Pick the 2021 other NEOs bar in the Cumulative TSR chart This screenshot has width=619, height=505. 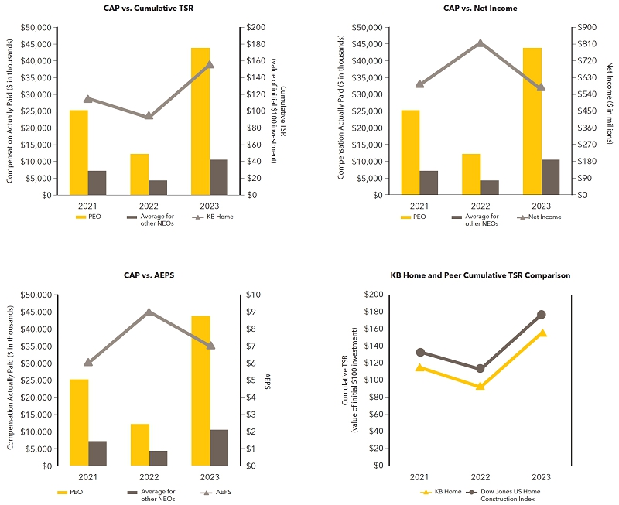(x=97, y=183)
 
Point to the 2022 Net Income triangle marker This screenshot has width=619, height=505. (x=480, y=43)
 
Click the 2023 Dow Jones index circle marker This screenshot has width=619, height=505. (x=542, y=315)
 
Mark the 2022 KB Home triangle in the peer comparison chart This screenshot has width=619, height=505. (x=480, y=386)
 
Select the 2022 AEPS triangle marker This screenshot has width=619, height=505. (x=149, y=312)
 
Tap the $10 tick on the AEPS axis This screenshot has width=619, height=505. (x=255, y=295)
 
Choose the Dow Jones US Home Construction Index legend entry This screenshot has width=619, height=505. (x=507, y=495)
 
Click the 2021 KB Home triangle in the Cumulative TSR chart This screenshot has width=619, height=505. (x=87, y=98)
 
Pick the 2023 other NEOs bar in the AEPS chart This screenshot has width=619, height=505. (x=219, y=448)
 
